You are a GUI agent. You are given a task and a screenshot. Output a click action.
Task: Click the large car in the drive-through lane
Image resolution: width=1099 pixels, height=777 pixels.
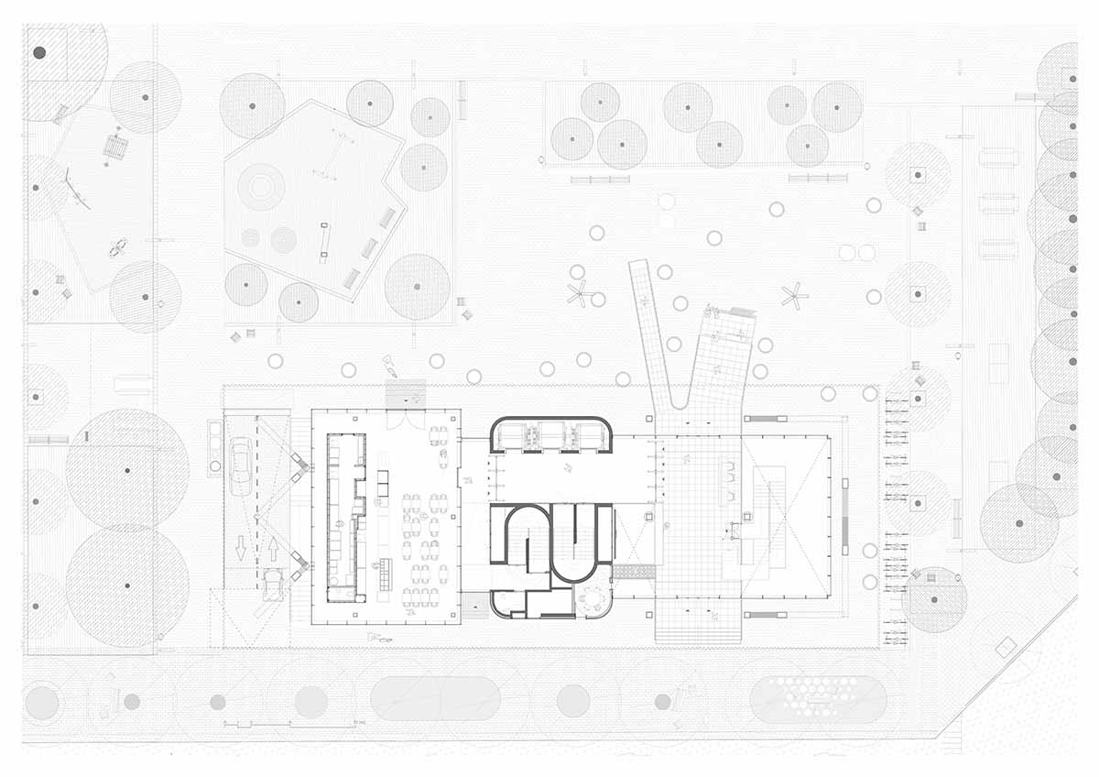tap(242, 458)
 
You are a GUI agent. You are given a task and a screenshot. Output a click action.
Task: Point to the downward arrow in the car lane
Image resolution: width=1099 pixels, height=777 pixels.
tap(240, 548)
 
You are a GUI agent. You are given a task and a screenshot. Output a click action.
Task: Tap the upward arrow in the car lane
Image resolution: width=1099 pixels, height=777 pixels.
tap(274, 548)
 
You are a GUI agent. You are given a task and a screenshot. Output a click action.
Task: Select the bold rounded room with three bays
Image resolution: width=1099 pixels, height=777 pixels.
tap(551, 435)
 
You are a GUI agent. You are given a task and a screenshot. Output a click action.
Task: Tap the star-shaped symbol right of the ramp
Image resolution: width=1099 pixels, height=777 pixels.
tap(794, 295)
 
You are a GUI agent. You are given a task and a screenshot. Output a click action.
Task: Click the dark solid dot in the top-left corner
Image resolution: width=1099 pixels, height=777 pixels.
tap(39, 52)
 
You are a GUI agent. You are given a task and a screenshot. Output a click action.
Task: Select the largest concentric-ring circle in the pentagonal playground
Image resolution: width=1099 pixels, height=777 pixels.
tap(261, 187)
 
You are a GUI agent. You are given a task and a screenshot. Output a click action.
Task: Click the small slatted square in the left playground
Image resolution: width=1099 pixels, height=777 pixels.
tap(116, 147)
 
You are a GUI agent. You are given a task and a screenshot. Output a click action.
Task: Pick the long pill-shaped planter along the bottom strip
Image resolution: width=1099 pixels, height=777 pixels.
tap(435, 699)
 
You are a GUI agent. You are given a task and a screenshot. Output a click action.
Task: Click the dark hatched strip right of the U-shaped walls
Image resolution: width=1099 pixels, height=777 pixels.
tap(634, 572)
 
